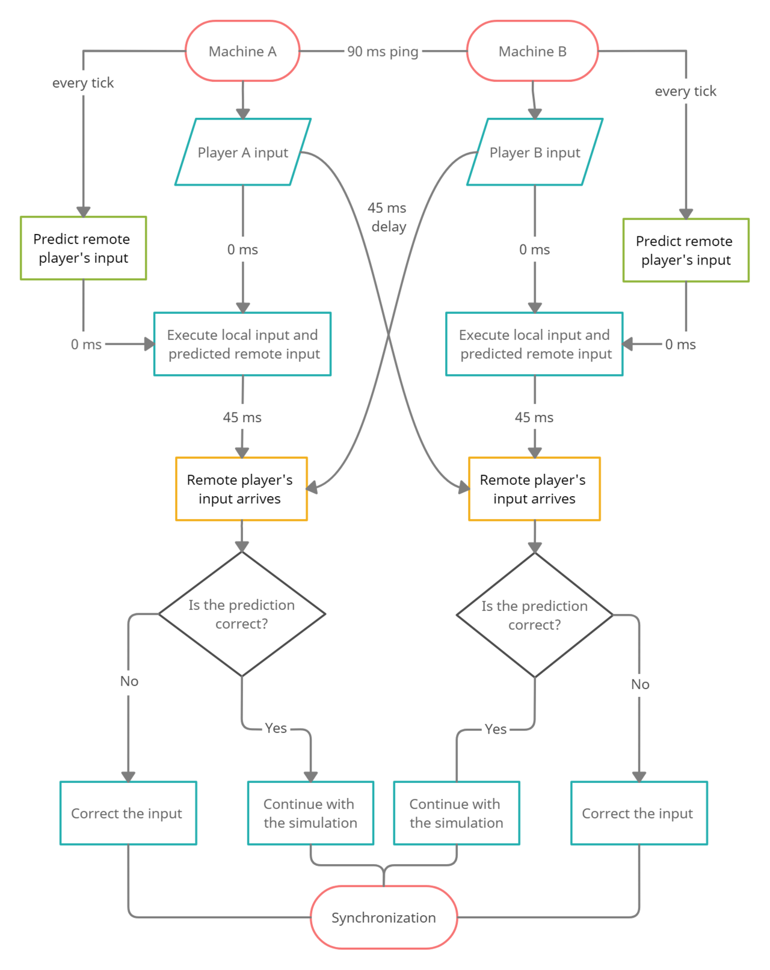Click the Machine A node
(242, 51)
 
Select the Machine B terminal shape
(532, 51)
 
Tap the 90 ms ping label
(383, 52)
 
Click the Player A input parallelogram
(242, 152)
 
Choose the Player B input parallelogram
(535, 152)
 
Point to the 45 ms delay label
(387, 217)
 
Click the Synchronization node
(384, 917)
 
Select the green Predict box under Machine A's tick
(84, 248)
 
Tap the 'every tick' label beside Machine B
(685, 91)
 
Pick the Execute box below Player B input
(534, 344)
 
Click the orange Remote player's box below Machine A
(241, 489)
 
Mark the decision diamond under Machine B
(535, 615)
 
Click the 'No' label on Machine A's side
(129, 681)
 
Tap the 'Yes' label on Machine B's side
(496, 729)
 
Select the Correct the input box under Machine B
(639, 812)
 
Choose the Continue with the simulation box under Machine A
(310, 812)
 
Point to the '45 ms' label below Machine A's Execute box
(242, 417)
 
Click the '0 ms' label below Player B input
(534, 249)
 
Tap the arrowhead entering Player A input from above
(243, 114)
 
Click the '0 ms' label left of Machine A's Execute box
(86, 345)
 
